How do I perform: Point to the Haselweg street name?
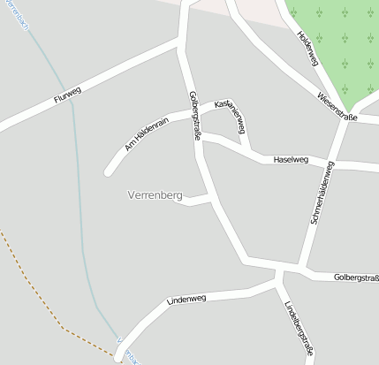(291, 160)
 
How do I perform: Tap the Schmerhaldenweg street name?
(322, 194)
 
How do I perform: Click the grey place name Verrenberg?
(155, 193)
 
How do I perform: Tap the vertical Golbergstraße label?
(193, 114)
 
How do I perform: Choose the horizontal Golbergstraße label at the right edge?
(356, 278)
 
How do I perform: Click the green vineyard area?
(339, 44)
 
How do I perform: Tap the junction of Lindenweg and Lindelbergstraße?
(279, 283)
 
